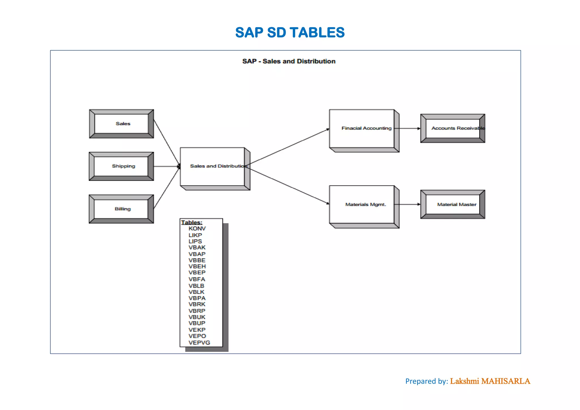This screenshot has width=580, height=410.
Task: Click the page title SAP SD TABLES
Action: coord(290,33)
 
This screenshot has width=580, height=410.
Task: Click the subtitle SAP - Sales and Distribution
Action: coord(289,61)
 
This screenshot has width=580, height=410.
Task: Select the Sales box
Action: coord(122,124)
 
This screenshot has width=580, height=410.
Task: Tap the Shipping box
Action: coord(122,166)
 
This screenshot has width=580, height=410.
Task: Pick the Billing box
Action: coord(122,209)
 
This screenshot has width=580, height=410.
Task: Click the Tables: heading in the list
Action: coord(192,223)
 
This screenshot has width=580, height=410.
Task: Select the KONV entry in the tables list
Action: coord(197,229)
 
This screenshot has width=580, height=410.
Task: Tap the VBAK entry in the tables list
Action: coord(197,247)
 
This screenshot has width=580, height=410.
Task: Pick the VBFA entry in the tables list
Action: coord(197,279)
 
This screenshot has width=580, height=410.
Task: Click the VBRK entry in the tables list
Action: coord(197,304)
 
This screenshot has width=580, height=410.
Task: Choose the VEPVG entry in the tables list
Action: coord(199,343)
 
